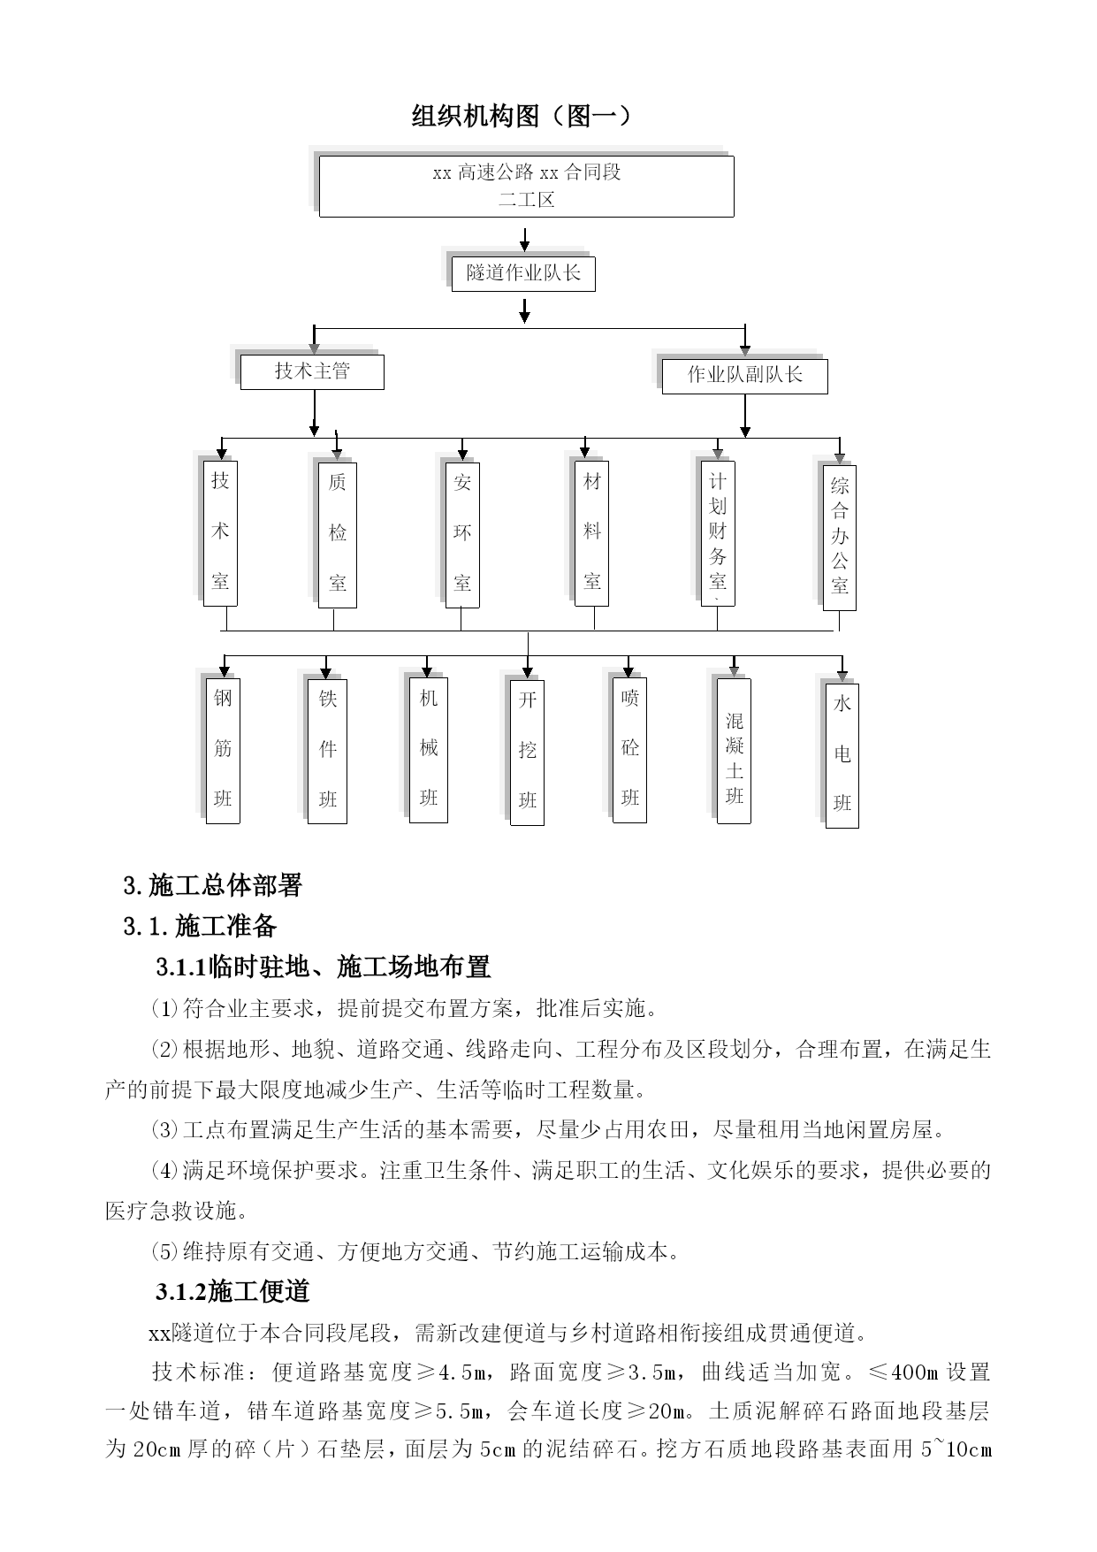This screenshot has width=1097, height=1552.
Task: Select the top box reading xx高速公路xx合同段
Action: tap(526, 187)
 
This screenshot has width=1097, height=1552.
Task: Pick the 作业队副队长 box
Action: tap(744, 376)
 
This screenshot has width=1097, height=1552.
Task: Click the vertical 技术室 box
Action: tap(220, 533)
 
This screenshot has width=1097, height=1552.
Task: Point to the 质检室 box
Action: tap(338, 535)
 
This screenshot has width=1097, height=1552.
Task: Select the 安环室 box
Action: tap(462, 535)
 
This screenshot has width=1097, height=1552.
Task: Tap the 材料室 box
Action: tap(592, 533)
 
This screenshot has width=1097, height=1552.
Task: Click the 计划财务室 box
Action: tap(717, 533)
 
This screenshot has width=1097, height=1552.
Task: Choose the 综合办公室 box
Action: tap(839, 538)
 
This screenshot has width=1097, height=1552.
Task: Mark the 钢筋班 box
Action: tap(223, 751)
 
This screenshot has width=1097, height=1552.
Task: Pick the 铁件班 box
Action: tap(328, 752)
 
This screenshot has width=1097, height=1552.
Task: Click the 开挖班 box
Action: tap(528, 753)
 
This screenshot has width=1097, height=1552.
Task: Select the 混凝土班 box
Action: tap(734, 751)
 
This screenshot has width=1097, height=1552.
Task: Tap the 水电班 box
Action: tap(842, 756)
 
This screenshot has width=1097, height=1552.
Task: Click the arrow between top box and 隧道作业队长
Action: tap(525, 240)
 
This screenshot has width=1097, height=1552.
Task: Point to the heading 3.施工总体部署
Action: tap(213, 885)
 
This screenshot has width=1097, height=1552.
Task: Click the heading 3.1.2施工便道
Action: tap(233, 1292)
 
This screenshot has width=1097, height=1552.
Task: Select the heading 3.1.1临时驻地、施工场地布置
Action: tap(324, 967)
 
